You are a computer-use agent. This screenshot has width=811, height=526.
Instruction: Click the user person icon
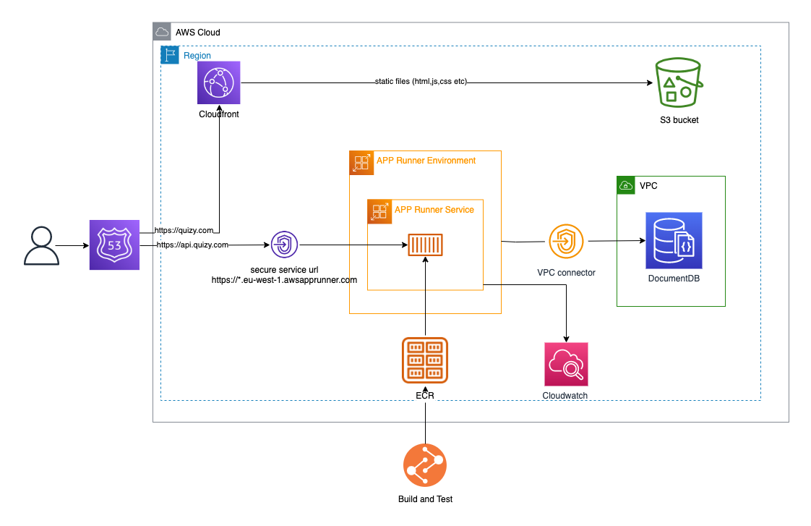point(41,245)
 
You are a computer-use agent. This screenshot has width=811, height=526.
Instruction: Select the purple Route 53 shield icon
point(114,245)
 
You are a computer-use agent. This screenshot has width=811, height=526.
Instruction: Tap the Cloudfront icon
point(218,82)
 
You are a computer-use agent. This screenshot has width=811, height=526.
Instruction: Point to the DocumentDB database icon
point(674,240)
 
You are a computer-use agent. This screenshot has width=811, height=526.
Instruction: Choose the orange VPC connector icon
point(566,241)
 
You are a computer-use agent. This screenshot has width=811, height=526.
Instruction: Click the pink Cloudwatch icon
point(566,364)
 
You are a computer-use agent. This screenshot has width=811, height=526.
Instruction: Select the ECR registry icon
point(425,360)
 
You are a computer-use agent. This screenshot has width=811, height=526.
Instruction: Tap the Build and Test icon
point(425,465)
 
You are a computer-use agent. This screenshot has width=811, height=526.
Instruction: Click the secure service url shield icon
point(284,245)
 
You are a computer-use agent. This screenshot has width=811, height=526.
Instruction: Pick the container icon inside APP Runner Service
point(425,245)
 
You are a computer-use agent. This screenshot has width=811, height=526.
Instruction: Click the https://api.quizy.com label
point(193,245)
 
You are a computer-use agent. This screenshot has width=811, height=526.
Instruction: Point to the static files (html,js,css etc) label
point(421,82)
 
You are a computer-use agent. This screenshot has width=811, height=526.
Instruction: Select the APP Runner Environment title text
point(426,160)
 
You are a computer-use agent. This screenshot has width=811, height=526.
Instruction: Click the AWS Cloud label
point(198,33)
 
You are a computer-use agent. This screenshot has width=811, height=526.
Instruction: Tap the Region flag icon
point(169,55)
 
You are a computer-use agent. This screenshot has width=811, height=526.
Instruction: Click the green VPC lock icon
point(625,185)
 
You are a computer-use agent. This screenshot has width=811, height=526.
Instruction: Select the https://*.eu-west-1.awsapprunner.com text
point(284,279)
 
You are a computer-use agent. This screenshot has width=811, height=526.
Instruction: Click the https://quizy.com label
point(185,231)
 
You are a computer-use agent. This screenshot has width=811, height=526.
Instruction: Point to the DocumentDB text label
point(674,279)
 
